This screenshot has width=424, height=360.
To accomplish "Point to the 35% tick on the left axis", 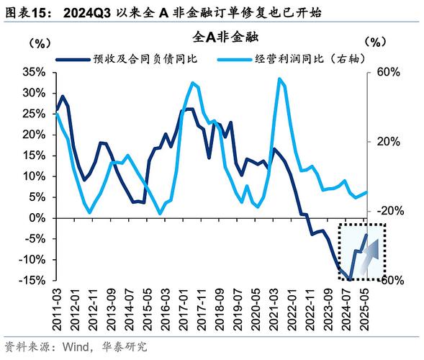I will point(34,73).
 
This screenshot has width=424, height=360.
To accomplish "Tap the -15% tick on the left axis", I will point(32,280).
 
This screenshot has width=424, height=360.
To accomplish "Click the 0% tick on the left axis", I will point(37,217).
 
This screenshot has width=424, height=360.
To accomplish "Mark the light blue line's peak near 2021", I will point(279,78).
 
